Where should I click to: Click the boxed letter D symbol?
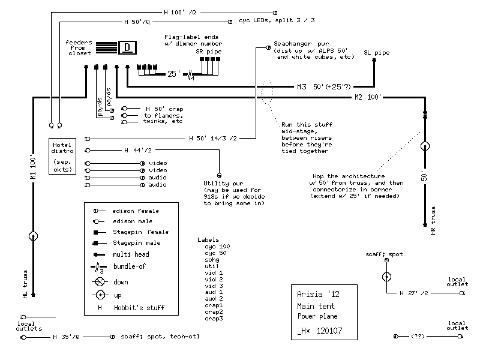(x=127, y=47)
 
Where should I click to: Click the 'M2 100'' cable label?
(x=367, y=97)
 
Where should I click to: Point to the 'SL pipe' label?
(x=376, y=53)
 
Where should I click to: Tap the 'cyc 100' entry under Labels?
(x=217, y=247)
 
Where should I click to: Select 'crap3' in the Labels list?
(x=214, y=319)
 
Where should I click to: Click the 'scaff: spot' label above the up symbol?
(x=385, y=254)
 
